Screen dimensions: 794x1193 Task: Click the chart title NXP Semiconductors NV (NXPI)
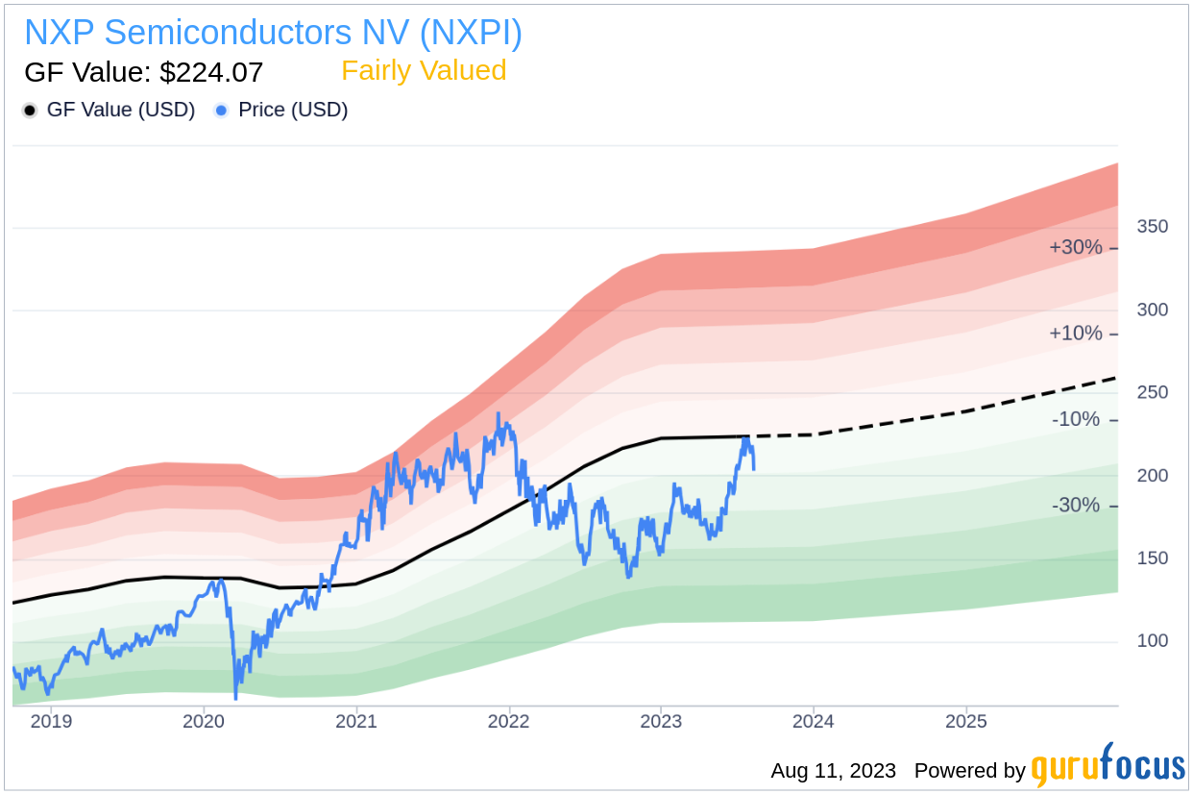[x=273, y=33]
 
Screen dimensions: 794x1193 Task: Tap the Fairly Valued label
[x=424, y=71]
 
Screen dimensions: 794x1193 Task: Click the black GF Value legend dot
[x=30, y=111]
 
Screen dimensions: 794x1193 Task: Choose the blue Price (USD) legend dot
[x=222, y=111]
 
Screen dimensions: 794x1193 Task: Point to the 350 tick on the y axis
[x=1153, y=227]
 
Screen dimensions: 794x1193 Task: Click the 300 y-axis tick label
[x=1153, y=310]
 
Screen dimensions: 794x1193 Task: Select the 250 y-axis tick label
[x=1153, y=392]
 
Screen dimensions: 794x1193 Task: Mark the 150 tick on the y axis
[x=1153, y=558]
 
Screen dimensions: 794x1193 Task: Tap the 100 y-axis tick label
[x=1153, y=641]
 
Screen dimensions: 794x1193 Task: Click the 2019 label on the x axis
[x=51, y=721]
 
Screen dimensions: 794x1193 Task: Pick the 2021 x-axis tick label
[x=356, y=721]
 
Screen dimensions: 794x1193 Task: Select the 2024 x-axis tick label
[x=814, y=721]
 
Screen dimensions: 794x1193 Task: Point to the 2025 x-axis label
[x=966, y=721]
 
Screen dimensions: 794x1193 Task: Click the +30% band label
[x=1076, y=248]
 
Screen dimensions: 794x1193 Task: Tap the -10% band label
[x=1076, y=420]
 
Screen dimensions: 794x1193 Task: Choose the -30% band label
[x=1076, y=506]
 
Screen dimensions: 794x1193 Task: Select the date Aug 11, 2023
[x=833, y=771]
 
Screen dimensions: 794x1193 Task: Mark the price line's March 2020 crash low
[x=235, y=697]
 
